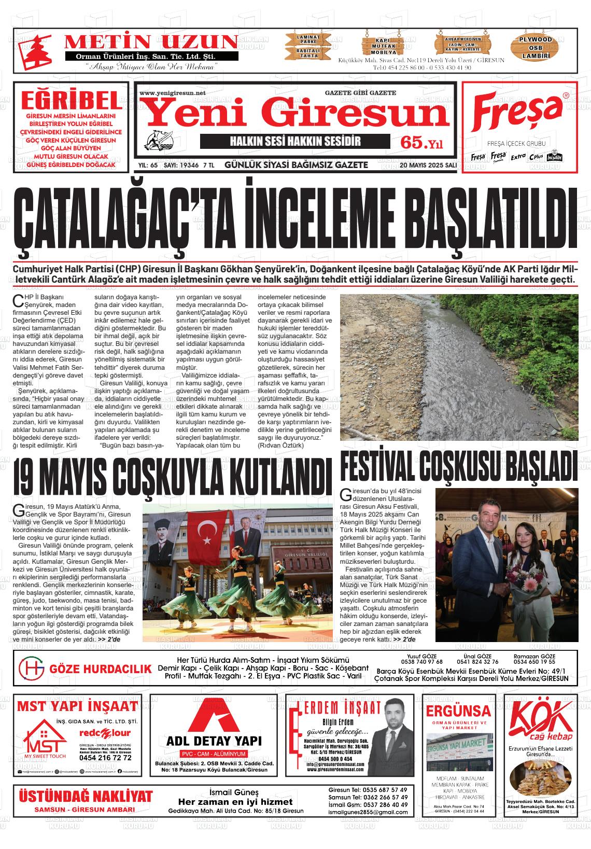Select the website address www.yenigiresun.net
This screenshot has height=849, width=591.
point(173,93)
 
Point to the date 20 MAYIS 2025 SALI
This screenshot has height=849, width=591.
point(428,165)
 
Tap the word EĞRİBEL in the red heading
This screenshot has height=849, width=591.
point(71,100)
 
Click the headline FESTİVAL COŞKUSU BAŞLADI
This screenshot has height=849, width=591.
point(458,466)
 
